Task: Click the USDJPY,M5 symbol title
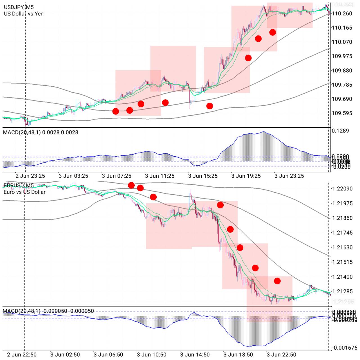pyautogui.click(x=19, y=7)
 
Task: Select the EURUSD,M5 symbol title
pyautogui.click(x=19, y=185)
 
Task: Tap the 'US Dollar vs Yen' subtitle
pyautogui.click(x=24, y=13)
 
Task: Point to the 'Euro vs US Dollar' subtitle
pyautogui.click(x=24, y=192)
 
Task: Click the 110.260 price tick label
pyautogui.click(x=342, y=13)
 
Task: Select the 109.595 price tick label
pyautogui.click(x=342, y=113)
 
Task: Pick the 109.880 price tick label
pyautogui.click(x=342, y=71)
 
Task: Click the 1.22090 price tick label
pyautogui.click(x=342, y=188)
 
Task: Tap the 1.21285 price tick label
pyautogui.click(x=342, y=291)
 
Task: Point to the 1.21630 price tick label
pyautogui.click(x=342, y=247)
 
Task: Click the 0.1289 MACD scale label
pyautogui.click(x=340, y=131)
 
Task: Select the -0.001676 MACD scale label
pyautogui.click(x=345, y=348)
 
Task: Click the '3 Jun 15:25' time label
pyautogui.click(x=203, y=176)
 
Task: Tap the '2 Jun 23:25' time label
pyautogui.click(x=30, y=176)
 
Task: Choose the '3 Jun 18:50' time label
pyautogui.click(x=238, y=355)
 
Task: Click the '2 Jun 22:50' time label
pyautogui.click(x=22, y=355)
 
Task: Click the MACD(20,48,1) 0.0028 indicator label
pyautogui.click(x=40, y=132)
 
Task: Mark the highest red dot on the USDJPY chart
pyautogui.click(x=273, y=32)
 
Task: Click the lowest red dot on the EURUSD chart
pyautogui.click(x=277, y=281)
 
